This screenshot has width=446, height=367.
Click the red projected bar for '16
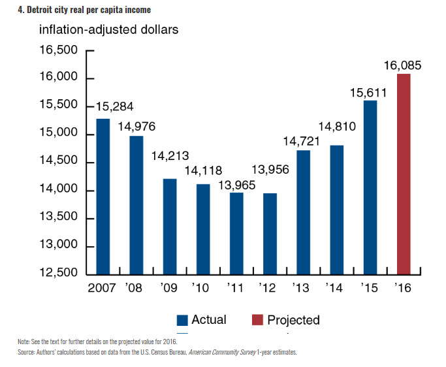[404, 174]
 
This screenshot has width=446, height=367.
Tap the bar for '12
[270, 233]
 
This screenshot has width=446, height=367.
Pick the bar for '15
[370, 187]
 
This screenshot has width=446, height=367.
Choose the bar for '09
[170, 226]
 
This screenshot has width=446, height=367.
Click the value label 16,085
[403, 65]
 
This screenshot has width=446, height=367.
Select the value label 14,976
[136, 126]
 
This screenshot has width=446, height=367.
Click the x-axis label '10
[202, 287]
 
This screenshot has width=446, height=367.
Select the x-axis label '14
[336, 287]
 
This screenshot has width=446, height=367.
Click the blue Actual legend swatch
[183, 320]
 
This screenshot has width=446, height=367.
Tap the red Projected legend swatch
[257, 320]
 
